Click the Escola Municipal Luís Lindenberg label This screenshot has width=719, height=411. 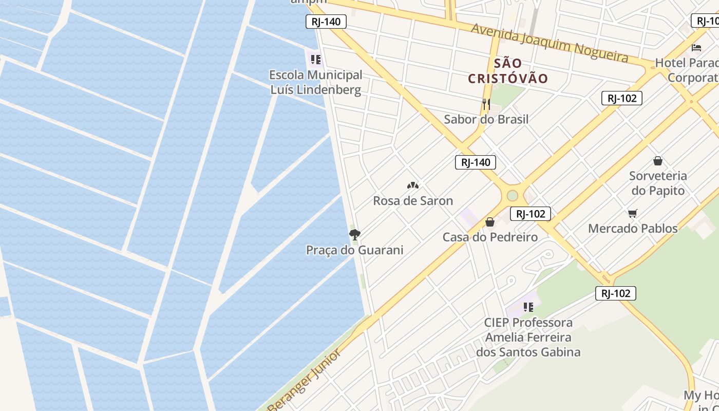tap(315, 82)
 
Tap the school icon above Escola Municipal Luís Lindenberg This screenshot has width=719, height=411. tap(315, 60)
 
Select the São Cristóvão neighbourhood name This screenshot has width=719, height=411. tap(508, 71)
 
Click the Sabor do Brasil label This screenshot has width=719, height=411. tap(486, 119)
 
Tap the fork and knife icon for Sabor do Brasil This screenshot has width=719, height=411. tap(486, 105)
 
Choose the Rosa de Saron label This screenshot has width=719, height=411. tap(413, 200)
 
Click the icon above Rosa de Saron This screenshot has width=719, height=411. tap(413, 185)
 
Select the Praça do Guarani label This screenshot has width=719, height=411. tap(354, 250)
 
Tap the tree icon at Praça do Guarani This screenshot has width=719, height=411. tap(354, 235)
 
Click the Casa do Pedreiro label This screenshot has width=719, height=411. tap(490, 237)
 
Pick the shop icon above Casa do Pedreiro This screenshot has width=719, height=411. tap(490, 222)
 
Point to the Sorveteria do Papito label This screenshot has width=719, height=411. tap(657, 183)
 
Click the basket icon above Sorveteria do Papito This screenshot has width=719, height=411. tap(658, 161)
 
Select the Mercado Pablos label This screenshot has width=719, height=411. tap(633, 228)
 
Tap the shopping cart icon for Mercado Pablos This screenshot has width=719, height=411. tap(633, 213)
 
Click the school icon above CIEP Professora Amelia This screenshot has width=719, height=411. tap(528, 307)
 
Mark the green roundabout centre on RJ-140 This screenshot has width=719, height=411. tap(512, 195)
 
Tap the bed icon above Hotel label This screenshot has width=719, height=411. tap(696, 48)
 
